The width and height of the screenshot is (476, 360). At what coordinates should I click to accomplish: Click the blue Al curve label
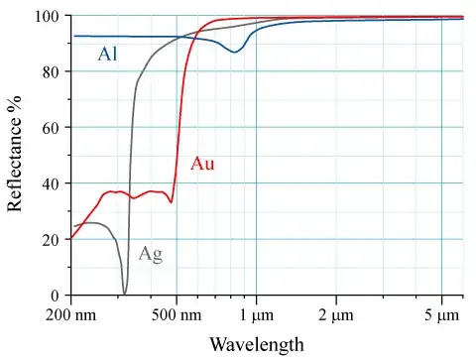108,54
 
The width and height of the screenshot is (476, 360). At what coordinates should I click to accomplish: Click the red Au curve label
202,164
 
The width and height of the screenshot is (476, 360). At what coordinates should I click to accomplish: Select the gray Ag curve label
150,254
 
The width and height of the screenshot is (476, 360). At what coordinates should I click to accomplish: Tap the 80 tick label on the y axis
51,72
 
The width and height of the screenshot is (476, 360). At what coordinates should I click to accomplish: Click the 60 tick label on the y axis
51,128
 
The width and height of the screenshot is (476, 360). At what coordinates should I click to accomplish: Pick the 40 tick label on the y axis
51,183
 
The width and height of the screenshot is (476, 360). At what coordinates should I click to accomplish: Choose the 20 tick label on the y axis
51,239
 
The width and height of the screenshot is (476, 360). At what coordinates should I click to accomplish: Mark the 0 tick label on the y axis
55,295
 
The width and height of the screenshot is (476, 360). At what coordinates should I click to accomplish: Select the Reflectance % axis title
16,156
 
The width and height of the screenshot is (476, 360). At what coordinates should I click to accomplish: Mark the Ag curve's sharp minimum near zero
124,292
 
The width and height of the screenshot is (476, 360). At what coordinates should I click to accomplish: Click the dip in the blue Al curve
235,52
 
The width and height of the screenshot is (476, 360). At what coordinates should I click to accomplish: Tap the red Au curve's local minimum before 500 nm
172,201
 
